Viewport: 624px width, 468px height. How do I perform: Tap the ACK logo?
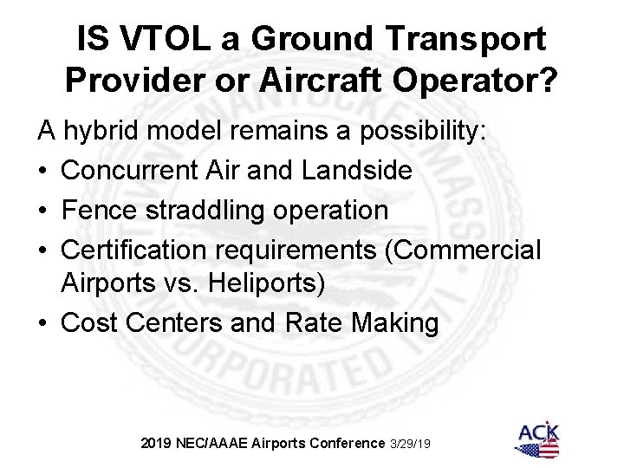[538, 439]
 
